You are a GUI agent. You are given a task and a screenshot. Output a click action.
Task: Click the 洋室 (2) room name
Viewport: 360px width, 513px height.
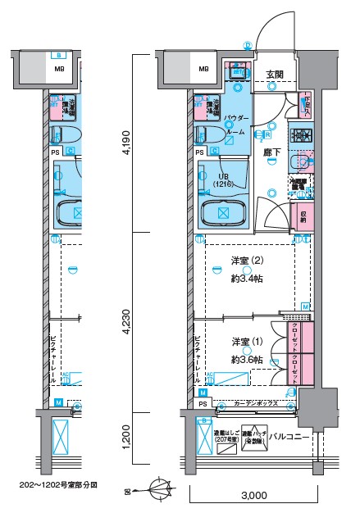point(246,262)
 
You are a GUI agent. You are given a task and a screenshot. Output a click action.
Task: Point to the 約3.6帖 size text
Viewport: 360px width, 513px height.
point(246,360)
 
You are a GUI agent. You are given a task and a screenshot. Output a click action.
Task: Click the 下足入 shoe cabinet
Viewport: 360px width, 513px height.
point(306,102)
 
